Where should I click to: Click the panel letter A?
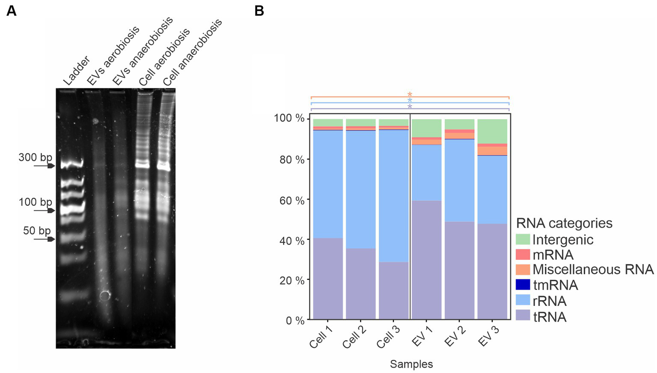[x=12, y=11]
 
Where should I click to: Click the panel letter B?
[x=259, y=11]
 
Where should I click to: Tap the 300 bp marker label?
[x=35, y=157]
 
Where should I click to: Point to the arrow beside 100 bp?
[x=45, y=211]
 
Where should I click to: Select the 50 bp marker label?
[x=37, y=231]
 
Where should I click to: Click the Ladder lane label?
[x=76, y=70]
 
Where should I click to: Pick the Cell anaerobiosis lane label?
[x=193, y=52]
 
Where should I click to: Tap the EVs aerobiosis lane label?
[x=113, y=56]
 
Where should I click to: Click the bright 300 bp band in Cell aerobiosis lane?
[x=143, y=164]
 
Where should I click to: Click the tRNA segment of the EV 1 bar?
[x=426, y=260]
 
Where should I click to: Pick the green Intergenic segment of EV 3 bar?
[x=492, y=131]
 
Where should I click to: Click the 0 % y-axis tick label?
[x=295, y=320]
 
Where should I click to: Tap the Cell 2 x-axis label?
[x=354, y=337]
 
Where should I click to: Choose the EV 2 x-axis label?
[x=455, y=336]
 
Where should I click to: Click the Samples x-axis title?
[x=411, y=364]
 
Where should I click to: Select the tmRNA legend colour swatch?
[x=523, y=285]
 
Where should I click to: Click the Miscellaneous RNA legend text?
[x=593, y=270]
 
